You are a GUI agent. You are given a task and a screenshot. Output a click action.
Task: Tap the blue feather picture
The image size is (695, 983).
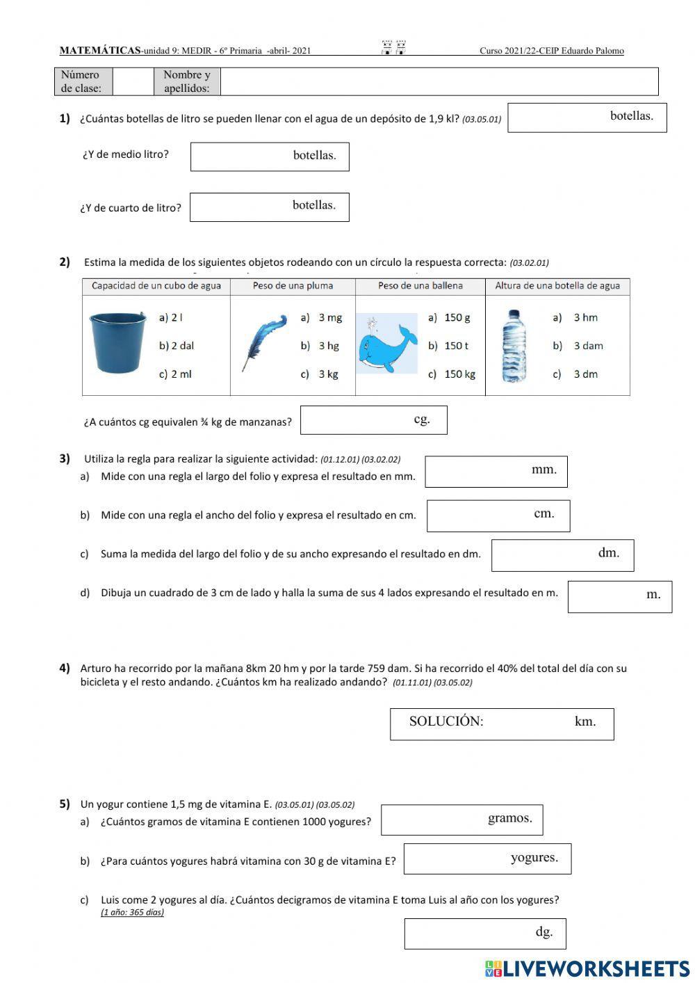pyautogui.click(x=263, y=342)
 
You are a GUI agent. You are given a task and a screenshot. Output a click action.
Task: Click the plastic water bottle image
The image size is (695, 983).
pyautogui.click(x=514, y=345)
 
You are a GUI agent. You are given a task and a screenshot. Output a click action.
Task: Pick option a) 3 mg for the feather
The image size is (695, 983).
pyautogui.click(x=322, y=318)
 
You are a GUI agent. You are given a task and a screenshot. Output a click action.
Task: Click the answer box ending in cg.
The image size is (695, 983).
pyautogui.click(x=373, y=420)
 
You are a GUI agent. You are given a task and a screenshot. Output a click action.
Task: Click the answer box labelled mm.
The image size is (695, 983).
pyautogui.click(x=496, y=471)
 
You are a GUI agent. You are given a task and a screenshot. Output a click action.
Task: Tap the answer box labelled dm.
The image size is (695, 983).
pyautogui.click(x=562, y=555)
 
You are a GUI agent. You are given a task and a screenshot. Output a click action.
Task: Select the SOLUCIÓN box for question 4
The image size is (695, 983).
pyautogui.click(x=501, y=724)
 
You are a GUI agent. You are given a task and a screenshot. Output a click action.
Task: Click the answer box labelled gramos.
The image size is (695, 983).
pyautogui.click(x=461, y=820)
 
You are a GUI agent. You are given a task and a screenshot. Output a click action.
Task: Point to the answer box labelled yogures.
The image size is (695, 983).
pyautogui.click(x=486, y=858)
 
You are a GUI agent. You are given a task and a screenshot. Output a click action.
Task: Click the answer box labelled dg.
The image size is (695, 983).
pyautogui.click(x=484, y=934)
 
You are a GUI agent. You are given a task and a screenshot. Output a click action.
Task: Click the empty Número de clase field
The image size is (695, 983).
pyautogui.click(x=132, y=81)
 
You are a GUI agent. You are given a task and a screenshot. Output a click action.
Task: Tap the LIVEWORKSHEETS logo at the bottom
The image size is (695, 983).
pyautogui.click(x=587, y=968)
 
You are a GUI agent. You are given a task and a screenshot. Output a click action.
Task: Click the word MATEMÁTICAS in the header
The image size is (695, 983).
pyautogui.click(x=100, y=50)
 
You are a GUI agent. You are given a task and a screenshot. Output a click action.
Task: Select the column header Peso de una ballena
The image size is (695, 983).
pyautogui.click(x=420, y=286)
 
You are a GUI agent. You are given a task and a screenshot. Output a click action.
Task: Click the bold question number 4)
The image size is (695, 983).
pyautogui.click(x=65, y=668)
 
